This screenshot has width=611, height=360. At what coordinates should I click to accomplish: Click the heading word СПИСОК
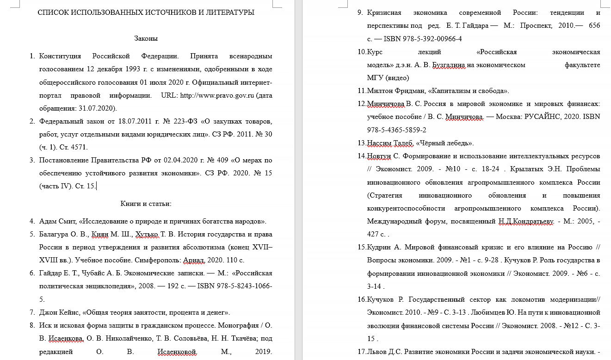pos(55,12)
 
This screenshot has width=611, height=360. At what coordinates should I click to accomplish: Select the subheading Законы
pos(146,38)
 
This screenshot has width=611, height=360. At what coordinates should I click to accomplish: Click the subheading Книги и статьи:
pos(146,204)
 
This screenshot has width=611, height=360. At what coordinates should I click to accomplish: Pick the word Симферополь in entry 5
pos(148,260)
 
